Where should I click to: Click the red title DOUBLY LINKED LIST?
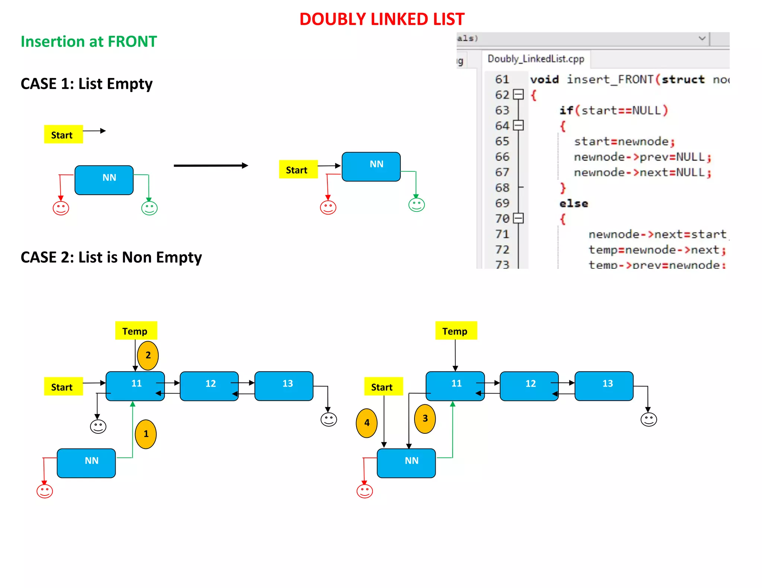382,19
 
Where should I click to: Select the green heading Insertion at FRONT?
89,41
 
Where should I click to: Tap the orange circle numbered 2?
148,355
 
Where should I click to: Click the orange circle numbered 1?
145,434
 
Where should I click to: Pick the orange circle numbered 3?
425,419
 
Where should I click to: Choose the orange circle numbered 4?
366,423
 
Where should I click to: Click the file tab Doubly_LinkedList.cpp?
535,59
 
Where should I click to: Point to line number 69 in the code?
502,203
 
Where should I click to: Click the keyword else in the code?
573,204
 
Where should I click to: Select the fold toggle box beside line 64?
518,126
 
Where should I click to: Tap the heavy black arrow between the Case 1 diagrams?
211,165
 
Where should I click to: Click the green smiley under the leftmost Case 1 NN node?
149,208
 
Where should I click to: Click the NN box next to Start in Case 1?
371,167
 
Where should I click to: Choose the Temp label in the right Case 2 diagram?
456,331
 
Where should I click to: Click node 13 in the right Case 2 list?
603,386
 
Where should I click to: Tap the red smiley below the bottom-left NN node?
45,491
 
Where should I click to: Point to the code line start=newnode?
624,142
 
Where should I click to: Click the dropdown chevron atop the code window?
702,38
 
